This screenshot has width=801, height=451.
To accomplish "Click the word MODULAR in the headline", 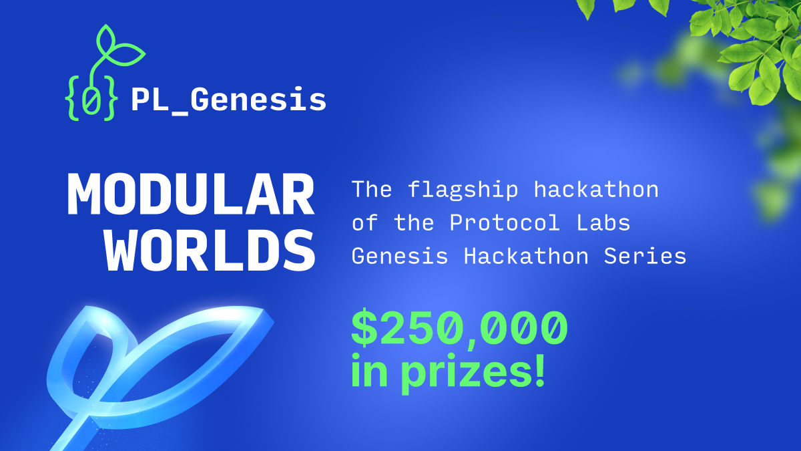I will [x=190, y=194].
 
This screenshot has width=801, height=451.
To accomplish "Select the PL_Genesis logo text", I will [x=228, y=100].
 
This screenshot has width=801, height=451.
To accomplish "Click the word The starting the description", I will [x=372, y=190].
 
